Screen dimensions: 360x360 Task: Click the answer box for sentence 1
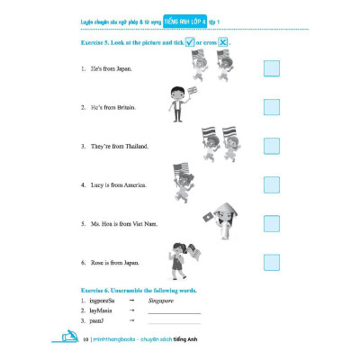[x=272, y=69]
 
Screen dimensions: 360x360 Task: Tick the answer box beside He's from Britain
[x=272, y=107]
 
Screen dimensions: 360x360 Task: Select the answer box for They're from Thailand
[x=272, y=146]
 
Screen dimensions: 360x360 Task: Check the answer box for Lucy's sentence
[x=272, y=184]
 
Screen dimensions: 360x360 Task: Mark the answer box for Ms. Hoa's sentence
[x=272, y=223]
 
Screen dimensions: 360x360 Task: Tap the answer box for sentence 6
[x=272, y=262]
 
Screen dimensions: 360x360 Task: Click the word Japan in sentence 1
[x=123, y=69]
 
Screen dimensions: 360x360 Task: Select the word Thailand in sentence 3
[x=133, y=146]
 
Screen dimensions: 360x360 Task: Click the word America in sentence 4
[x=132, y=185]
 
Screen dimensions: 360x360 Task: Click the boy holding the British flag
[x=182, y=103]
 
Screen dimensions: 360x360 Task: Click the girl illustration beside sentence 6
[x=177, y=258]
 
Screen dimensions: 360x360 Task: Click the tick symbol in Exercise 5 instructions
[x=190, y=42]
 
